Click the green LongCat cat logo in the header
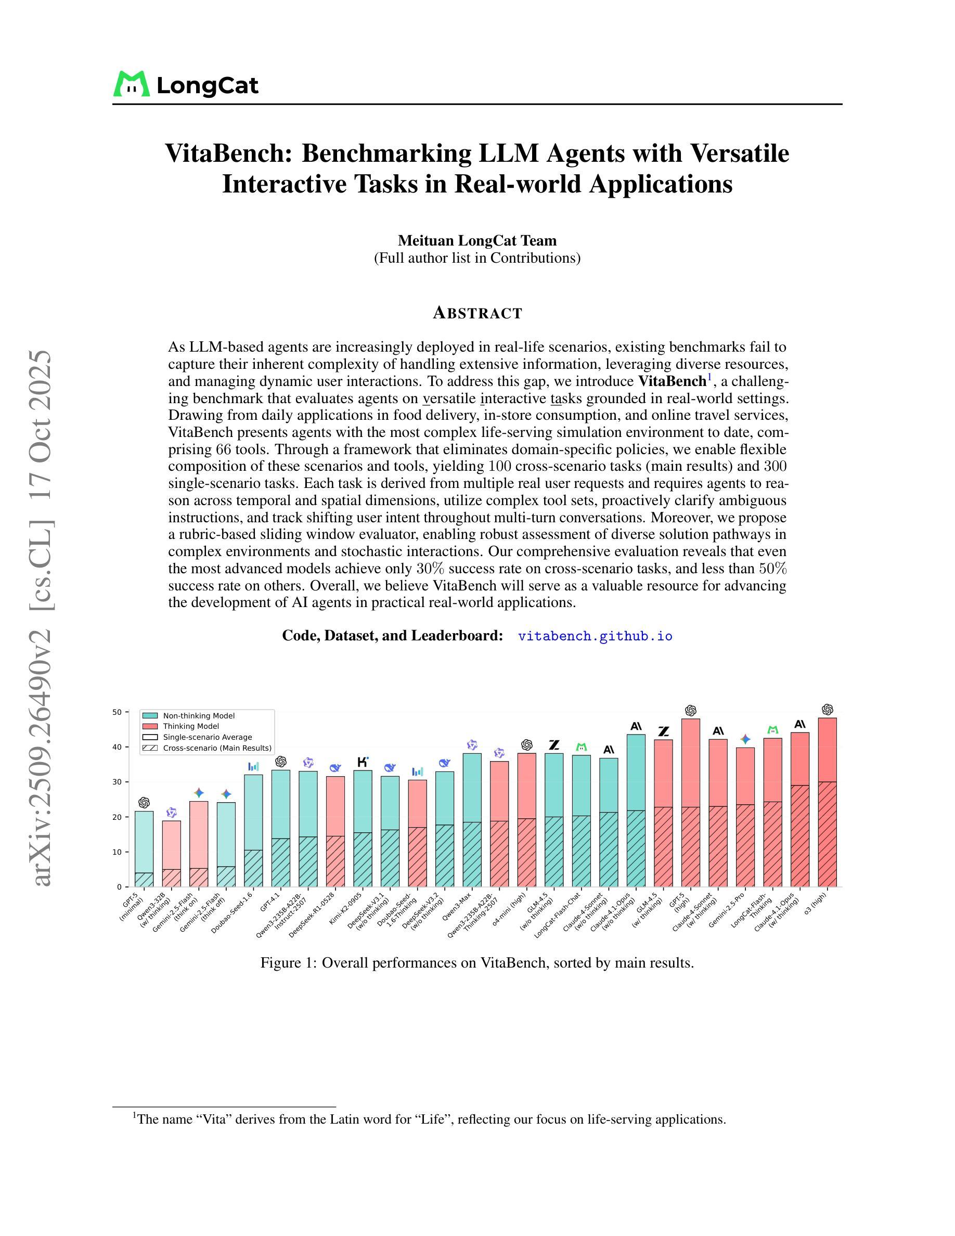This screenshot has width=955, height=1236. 132,84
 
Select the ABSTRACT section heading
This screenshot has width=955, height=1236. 477,313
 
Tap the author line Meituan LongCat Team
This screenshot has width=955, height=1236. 477,240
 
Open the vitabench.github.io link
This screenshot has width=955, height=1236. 595,636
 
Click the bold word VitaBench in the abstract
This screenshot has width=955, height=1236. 672,381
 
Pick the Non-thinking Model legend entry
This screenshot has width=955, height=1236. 199,716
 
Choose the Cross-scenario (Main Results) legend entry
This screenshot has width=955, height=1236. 217,748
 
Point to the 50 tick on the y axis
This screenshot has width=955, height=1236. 117,712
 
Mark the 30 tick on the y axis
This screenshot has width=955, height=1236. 117,782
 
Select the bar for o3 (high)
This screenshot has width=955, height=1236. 827,804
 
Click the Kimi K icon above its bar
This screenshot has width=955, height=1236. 363,762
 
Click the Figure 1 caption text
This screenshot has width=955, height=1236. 477,963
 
